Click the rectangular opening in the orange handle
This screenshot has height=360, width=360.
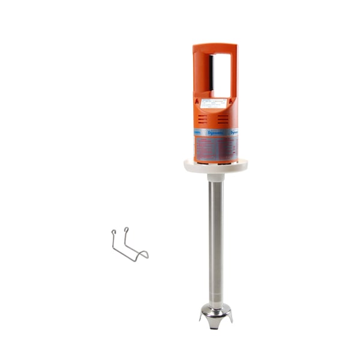pos(221,76)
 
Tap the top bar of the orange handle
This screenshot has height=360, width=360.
pos(215,47)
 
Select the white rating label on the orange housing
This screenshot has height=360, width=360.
pos(214,103)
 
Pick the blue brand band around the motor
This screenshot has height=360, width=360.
pos(215,132)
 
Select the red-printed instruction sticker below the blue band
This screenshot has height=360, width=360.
pos(215,148)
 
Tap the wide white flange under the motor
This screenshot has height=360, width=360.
pos(215,167)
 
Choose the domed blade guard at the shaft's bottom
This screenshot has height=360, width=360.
pos(215,311)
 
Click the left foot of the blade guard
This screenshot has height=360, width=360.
pos(202,318)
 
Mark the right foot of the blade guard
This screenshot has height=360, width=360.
pos(230,319)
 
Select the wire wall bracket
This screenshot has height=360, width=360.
pos(129,246)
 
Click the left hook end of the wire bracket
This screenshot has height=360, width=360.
pos(113,232)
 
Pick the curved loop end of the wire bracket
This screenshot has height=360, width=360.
pos(145,256)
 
